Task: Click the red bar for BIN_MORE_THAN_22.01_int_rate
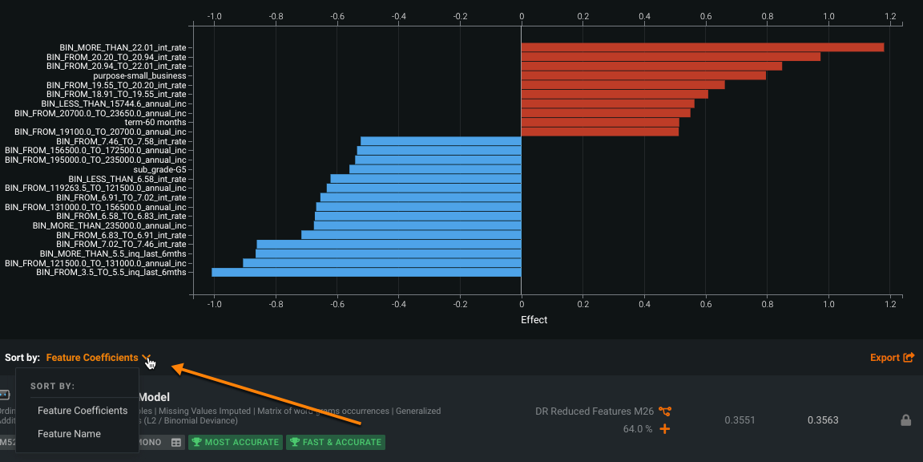702,47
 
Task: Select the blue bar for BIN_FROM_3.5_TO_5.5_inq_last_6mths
366,273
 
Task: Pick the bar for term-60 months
600,123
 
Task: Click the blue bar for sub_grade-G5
435,169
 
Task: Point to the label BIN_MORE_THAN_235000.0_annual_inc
109,225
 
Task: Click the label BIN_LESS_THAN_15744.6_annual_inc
114,103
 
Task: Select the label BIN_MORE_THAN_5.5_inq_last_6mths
113,253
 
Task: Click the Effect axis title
534,320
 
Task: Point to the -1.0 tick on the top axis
214,16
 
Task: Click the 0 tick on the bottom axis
522,304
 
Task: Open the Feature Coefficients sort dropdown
98,358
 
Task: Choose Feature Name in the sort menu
69,434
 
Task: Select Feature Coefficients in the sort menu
83,411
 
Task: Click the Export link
892,358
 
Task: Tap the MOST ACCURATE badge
236,442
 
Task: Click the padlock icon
905,420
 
